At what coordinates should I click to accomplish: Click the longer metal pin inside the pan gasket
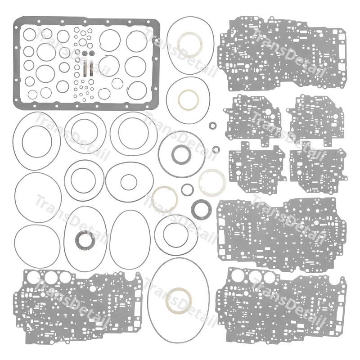[x=85, y=68]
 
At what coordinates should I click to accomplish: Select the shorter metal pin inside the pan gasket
[x=92, y=68]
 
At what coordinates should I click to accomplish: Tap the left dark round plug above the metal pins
[x=85, y=53]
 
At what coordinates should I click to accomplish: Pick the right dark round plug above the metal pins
[x=92, y=53]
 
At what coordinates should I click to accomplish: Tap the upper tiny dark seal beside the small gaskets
[x=212, y=126]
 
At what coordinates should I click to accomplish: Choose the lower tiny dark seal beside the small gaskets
[x=216, y=149]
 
